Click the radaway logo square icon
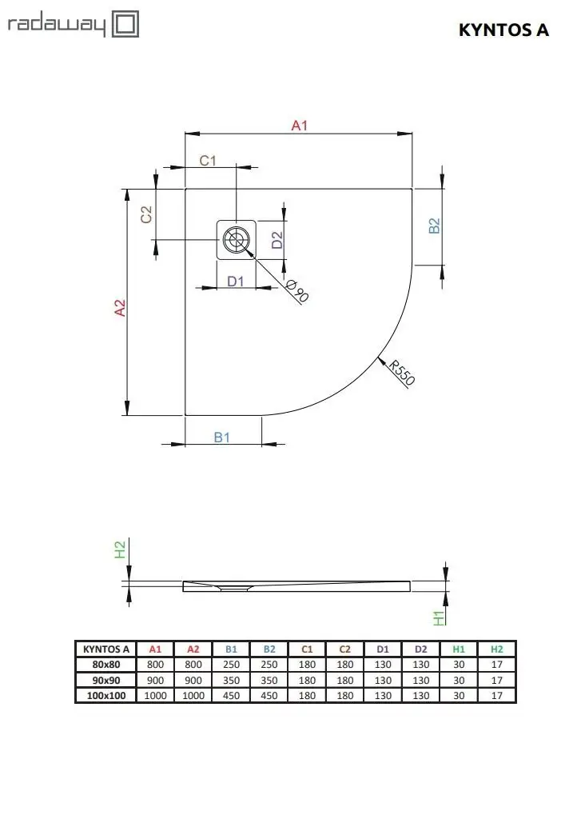[x=125, y=25]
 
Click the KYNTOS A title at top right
[x=503, y=30]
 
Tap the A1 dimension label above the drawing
[x=300, y=126]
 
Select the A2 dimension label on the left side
[x=121, y=308]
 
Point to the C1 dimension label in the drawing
[x=208, y=160]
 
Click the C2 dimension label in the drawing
[x=146, y=214]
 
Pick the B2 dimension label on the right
[x=434, y=226]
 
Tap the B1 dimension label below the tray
[x=221, y=437]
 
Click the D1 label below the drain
[x=235, y=281]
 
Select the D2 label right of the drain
[x=277, y=240]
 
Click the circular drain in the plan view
[x=235, y=240]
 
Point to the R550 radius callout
[x=401, y=372]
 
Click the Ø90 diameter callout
[x=297, y=290]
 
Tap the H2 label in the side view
[x=121, y=549]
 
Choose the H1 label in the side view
[x=439, y=617]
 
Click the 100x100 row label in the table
[x=106, y=696]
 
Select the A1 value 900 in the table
[x=155, y=680]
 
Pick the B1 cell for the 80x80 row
[x=232, y=665]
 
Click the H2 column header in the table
[x=496, y=649]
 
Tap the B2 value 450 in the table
[x=269, y=696]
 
